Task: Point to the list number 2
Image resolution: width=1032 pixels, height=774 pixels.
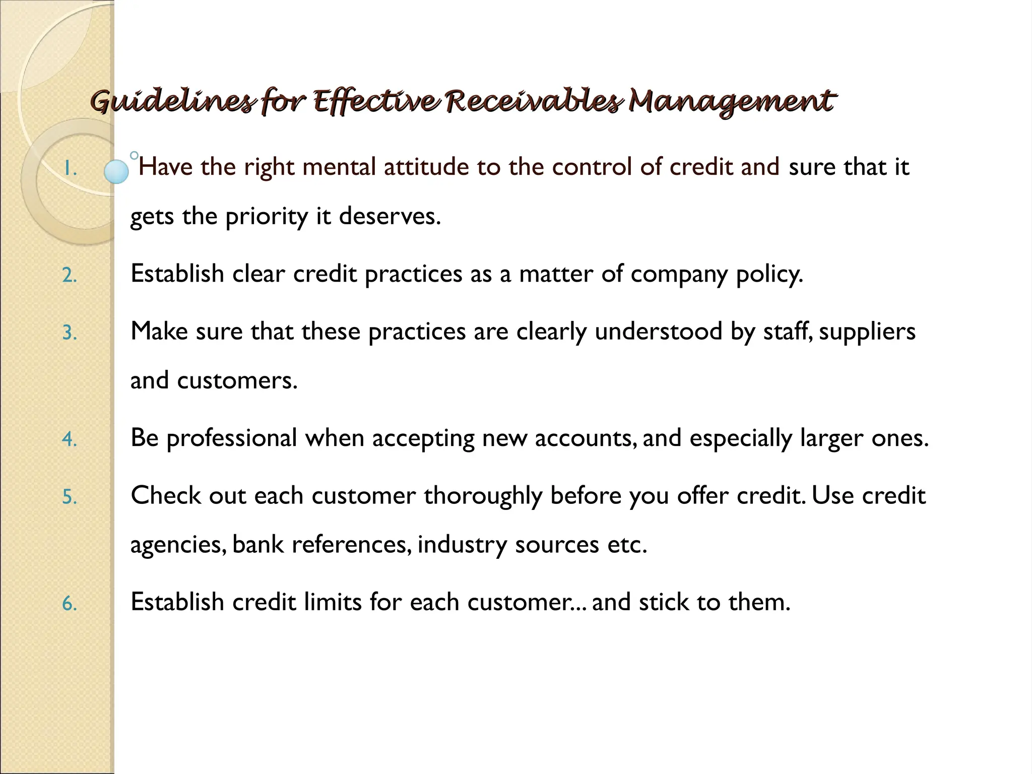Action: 70,276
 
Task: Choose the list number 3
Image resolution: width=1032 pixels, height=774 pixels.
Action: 70,333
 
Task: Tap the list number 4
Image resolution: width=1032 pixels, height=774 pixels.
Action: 70,439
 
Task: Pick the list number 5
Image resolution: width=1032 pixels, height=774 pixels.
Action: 70,497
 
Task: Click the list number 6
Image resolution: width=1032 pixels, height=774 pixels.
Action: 70,603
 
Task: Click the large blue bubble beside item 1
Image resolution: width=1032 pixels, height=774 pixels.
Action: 116,171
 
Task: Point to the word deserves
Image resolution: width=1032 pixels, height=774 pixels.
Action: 390,216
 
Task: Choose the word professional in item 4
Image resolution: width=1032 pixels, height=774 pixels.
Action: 232,438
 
